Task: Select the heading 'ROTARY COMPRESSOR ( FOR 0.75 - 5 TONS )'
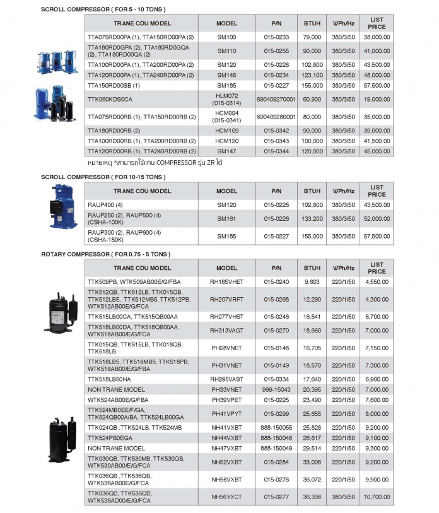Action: coord(105,254)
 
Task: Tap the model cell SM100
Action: coord(226,37)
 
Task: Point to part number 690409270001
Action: coord(276,99)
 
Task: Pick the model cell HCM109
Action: coord(226,129)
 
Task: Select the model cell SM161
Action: coord(226,218)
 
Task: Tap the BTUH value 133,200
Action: coord(312,218)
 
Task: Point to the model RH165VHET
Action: coord(226,281)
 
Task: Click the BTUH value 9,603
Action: coord(312,281)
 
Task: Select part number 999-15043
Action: coord(276,389)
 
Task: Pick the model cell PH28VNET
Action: coord(226,347)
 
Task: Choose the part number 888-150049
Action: coord(276,447)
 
